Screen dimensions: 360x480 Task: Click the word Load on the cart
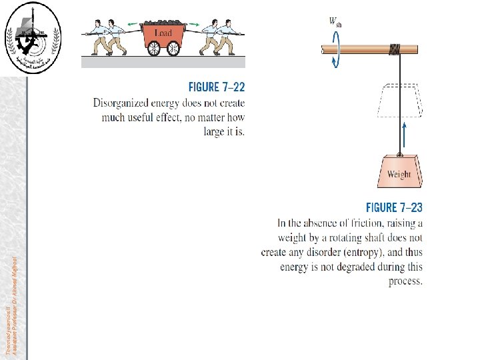tap(163, 33)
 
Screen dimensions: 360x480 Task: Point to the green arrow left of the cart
tap(133, 25)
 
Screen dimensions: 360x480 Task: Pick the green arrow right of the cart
tap(193, 25)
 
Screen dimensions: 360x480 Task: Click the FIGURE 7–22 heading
tap(217, 87)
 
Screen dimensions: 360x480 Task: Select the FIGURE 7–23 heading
tap(394, 208)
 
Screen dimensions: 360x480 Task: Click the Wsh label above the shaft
tap(335, 21)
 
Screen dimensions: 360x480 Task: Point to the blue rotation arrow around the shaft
tap(334, 50)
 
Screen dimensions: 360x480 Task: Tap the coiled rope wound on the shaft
tap(395, 50)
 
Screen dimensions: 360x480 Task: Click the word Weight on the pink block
tap(399, 174)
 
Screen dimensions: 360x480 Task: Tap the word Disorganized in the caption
tap(122, 103)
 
